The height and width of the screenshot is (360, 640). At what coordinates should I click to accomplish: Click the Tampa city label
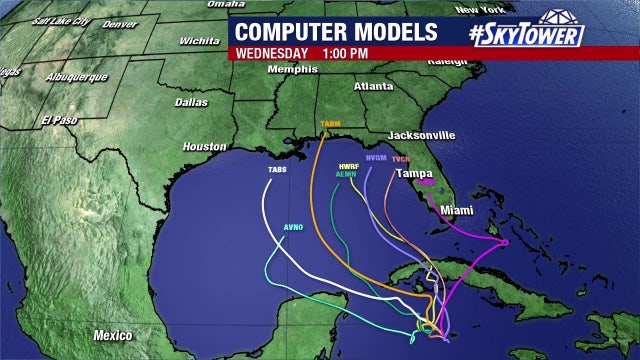414,173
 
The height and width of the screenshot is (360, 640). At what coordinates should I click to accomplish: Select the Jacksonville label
421,135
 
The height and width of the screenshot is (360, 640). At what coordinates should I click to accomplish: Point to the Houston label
204,147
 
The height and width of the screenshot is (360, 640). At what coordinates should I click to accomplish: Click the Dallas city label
191,102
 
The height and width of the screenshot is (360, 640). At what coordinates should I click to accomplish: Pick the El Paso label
59,120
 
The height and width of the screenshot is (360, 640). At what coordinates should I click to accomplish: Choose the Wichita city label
199,41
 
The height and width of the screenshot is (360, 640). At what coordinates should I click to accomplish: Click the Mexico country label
113,334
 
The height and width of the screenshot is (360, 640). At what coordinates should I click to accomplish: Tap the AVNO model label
293,227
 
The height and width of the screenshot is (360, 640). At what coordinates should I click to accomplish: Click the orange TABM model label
330,125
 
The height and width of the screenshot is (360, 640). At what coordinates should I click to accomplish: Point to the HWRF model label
349,165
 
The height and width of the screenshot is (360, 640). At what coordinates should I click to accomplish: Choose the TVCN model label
401,159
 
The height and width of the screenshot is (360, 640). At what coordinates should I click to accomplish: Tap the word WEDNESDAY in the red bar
271,52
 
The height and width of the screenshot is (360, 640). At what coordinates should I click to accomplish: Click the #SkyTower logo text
528,33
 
